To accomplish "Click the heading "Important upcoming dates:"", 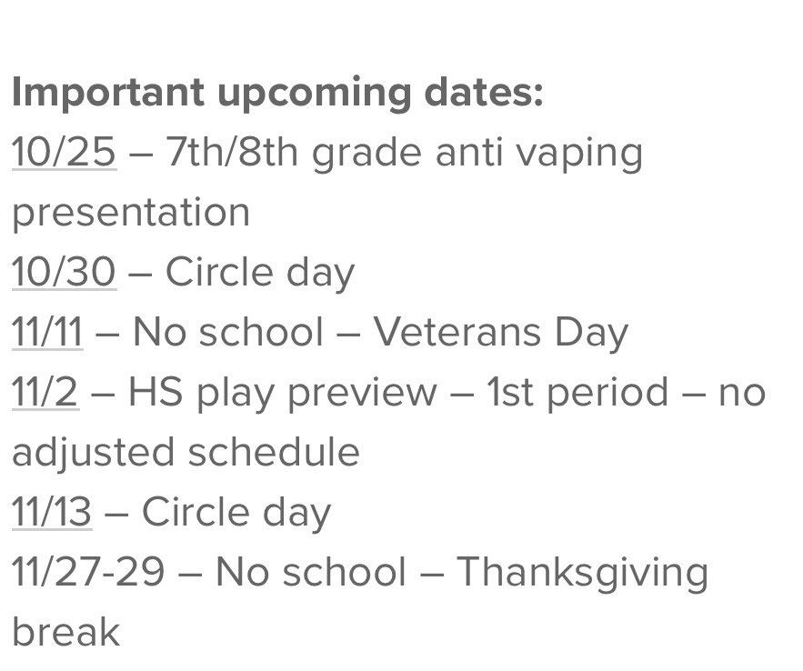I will click(x=277, y=93).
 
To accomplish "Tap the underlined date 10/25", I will click(x=64, y=153).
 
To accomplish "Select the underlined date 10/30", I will click(x=64, y=272).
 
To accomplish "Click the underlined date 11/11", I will click(x=47, y=332).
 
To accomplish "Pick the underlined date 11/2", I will click(x=45, y=392).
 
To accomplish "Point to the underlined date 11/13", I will click(x=52, y=512).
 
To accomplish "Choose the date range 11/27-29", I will click(x=88, y=572).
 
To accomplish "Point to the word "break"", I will click(x=65, y=632).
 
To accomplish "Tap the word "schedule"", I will click(x=274, y=452).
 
